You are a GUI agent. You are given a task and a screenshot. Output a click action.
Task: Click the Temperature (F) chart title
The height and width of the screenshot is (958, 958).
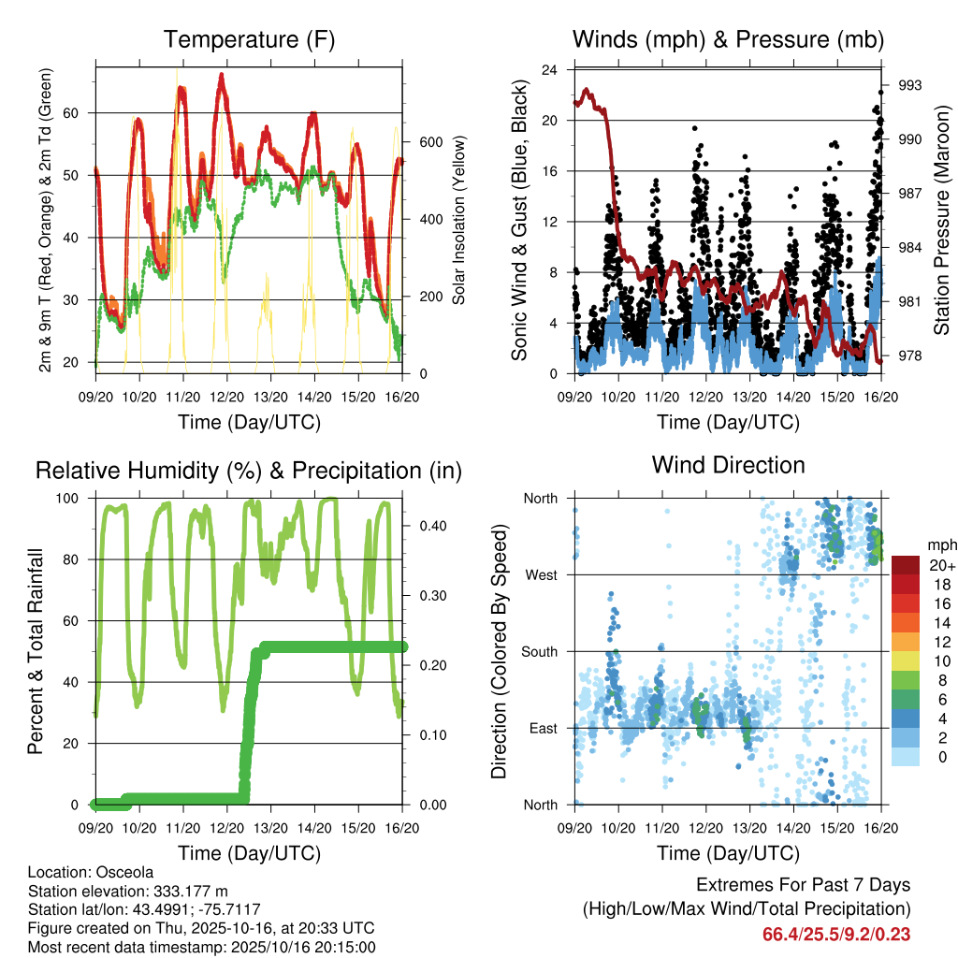tap(249, 39)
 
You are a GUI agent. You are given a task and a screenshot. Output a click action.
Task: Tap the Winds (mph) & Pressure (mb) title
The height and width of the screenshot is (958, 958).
tap(728, 39)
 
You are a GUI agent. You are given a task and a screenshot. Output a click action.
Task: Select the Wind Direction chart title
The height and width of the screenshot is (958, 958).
tap(728, 464)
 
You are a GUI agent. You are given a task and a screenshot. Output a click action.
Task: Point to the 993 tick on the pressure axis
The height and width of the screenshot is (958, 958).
tap(910, 85)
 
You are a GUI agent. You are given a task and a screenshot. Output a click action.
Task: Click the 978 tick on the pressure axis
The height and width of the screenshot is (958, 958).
tap(910, 356)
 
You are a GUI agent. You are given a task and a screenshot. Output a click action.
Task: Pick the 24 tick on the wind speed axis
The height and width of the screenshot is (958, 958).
tap(550, 70)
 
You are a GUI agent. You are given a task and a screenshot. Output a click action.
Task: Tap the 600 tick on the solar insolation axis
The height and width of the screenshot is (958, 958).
tap(429, 142)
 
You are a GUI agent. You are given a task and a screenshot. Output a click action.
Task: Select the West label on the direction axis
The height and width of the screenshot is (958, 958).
tap(541, 574)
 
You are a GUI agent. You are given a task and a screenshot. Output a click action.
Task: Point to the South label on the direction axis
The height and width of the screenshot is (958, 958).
tap(539, 651)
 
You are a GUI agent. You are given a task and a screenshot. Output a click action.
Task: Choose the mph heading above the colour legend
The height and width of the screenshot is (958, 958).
tap(940, 544)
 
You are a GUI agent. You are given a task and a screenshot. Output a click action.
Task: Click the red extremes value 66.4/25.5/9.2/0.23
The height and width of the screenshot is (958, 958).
tap(836, 935)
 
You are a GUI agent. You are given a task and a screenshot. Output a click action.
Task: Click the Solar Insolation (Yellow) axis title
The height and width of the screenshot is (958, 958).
tap(458, 220)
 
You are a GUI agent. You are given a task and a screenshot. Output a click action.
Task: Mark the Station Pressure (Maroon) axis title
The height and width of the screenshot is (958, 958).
tap(942, 220)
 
